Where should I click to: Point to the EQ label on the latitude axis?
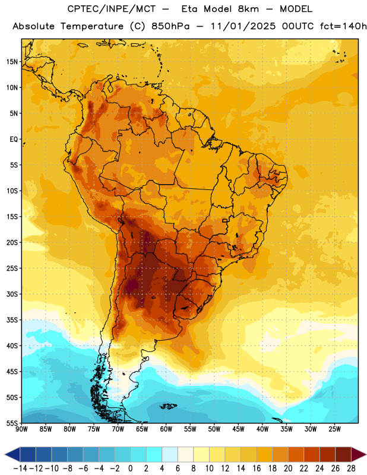(14, 140)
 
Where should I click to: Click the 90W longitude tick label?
(21, 429)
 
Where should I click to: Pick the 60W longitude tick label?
(166, 429)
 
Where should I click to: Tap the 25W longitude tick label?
(334, 429)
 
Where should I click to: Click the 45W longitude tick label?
(238, 429)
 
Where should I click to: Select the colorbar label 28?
(351, 468)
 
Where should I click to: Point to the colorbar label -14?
(20, 468)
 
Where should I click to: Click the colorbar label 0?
(130, 468)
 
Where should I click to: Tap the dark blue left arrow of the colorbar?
(12, 454)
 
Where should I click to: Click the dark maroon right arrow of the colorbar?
(359, 454)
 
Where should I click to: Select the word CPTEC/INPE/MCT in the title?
(111, 9)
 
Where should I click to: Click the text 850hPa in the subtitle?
(170, 26)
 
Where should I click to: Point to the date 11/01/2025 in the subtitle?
(243, 26)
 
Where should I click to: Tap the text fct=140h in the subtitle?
(343, 26)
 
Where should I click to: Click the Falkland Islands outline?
(168, 406)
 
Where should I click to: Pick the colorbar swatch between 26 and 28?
(343, 454)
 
